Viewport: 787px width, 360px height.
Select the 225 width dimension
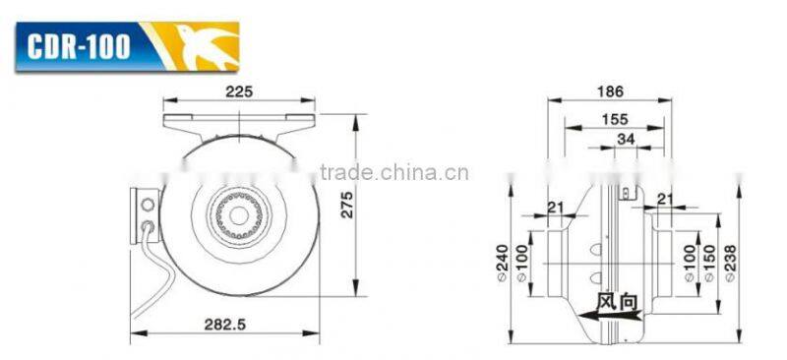click(x=239, y=91)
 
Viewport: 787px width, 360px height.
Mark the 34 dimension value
click(x=623, y=140)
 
